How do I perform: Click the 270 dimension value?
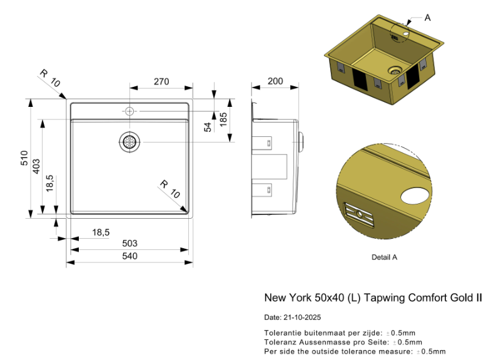pos(161,82)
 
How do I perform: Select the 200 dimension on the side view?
pos(275,81)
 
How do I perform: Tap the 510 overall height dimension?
pos(24,157)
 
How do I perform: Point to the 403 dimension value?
pos(36,166)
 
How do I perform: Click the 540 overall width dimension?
pos(129,256)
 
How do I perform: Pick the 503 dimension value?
pos(129,244)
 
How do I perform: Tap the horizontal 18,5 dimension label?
pos(101,232)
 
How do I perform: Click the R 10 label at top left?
pos(49,77)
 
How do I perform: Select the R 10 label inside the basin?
pos(169,189)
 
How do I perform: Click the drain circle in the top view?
pos(129,142)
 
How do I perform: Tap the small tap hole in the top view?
pos(129,111)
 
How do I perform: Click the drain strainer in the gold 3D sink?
pos(395,71)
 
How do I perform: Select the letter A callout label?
pos(427,18)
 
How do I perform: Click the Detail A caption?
pos(384,257)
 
